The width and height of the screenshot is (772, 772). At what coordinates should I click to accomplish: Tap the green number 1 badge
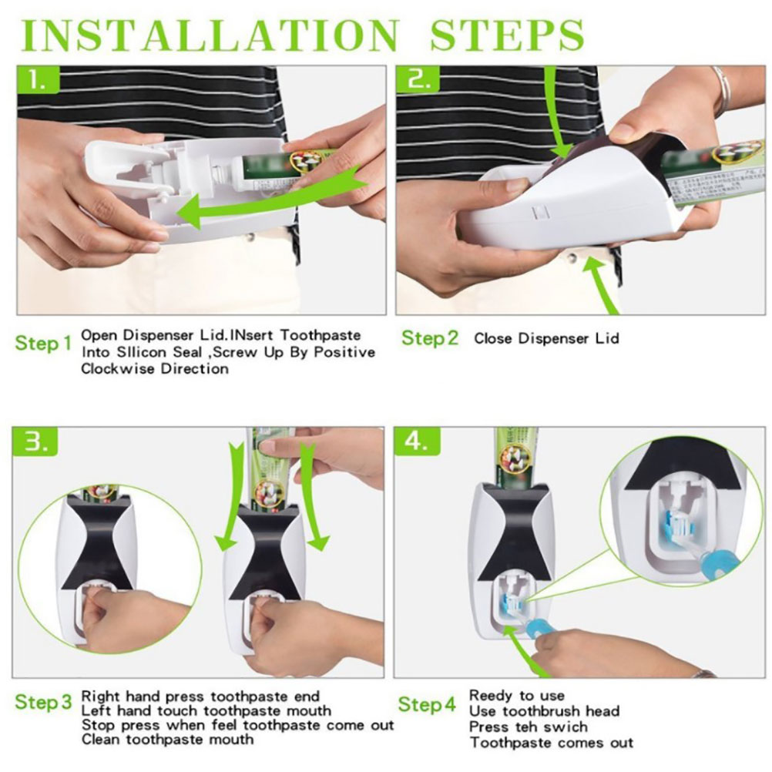(x=39, y=80)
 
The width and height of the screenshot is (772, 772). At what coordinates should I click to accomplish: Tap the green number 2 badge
(x=418, y=80)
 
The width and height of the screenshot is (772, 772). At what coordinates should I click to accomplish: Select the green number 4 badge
(x=417, y=441)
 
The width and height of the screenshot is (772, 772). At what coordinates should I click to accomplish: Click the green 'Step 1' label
(x=43, y=343)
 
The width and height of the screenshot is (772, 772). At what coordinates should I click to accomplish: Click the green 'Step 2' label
(x=430, y=338)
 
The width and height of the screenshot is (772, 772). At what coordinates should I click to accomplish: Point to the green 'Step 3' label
(x=43, y=702)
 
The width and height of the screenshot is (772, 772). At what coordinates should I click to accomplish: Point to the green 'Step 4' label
(x=427, y=704)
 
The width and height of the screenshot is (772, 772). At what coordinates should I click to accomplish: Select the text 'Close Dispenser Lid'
(x=546, y=339)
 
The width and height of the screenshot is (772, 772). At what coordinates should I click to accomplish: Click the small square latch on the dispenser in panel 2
(x=541, y=213)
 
